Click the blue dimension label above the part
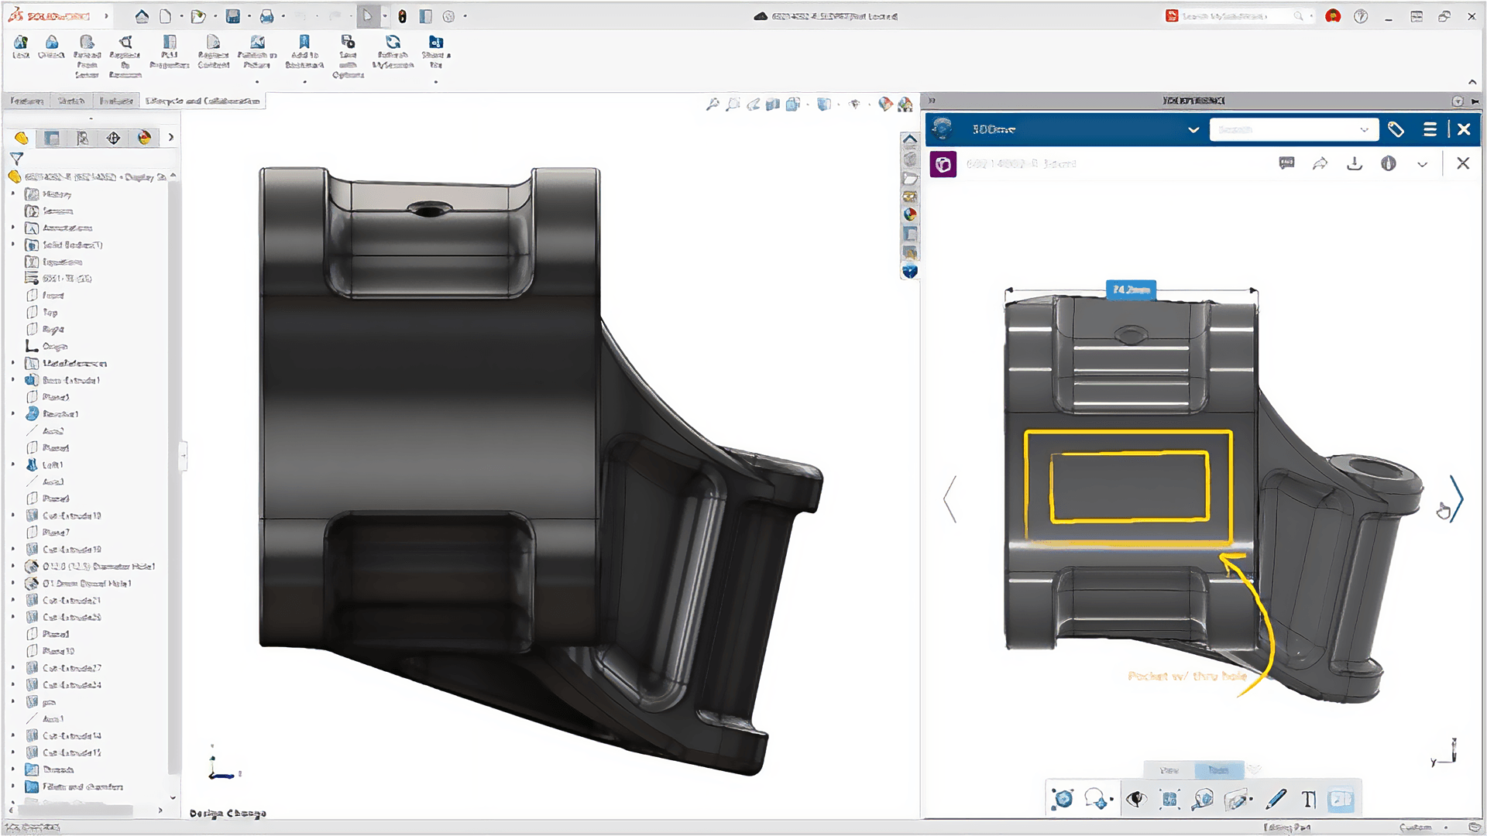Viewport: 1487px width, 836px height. pyautogui.click(x=1131, y=290)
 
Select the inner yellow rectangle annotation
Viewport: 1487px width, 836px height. pyautogui.click(x=1128, y=453)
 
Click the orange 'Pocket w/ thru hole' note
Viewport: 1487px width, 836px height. pyautogui.click(x=1187, y=677)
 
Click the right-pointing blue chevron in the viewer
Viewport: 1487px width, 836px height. pyautogui.click(x=1457, y=499)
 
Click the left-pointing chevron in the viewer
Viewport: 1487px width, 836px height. pyautogui.click(x=950, y=499)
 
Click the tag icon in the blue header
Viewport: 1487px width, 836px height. pyautogui.click(x=1396, y=129)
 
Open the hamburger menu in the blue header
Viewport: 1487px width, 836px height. pyautogui.click(x=1430, y=129)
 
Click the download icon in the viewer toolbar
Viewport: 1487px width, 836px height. pyautogui.click(x=1355, y=163)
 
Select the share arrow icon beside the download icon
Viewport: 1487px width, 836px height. pyautogui.click(x=1320, y=163)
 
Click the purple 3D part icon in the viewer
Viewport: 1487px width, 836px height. pyautogui.click(x=943, y=164)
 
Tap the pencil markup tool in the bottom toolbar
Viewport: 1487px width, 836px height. pyautogui.click(x=1276, y=799)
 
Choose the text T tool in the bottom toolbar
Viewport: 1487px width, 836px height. pyautogui.click(x=1309, y=799)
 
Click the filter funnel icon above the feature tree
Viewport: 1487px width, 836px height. pyautogui.click(x=16, y=158)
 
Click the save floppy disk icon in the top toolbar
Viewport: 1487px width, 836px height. pyautogui.click(x=232, y=16)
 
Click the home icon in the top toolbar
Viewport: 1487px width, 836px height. pyautogui.click(x=142, y=16)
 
